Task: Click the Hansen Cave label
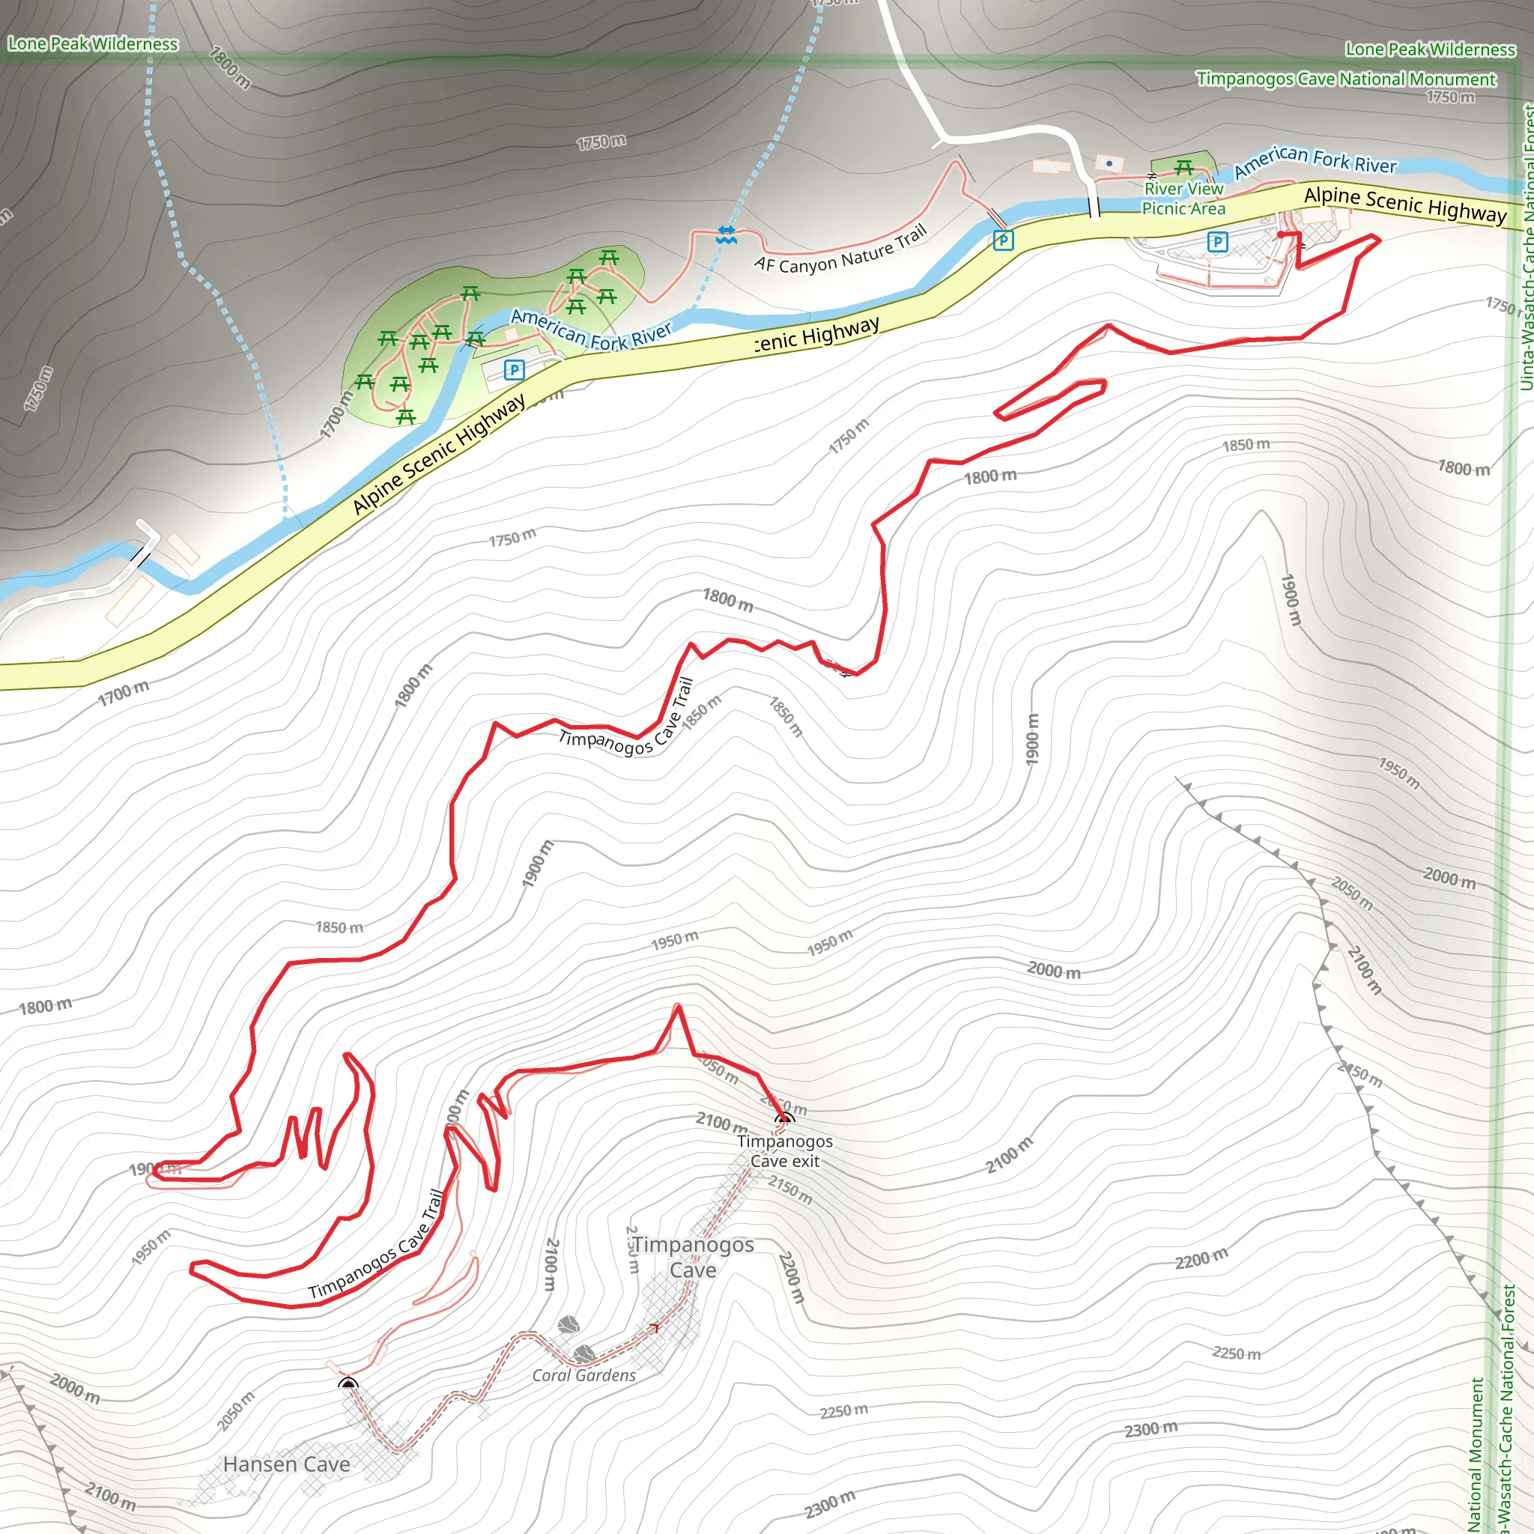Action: [x=286, y=1464]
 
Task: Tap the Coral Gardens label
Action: [x=583, y=1376]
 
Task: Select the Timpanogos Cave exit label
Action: [x=784, y=1151]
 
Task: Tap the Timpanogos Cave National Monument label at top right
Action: [x=1346, y=79]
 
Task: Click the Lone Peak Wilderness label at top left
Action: [x=93, y=44]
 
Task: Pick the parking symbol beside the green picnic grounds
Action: [x=515, y=369]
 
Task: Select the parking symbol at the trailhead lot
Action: [x=1217, y=241]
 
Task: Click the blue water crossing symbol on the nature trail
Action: [x=726, y=234]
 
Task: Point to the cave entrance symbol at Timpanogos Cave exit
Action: [x=783, y=1119]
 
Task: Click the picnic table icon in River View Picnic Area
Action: [x=1184, y=168]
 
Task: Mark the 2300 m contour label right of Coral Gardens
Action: [x=1150, y=1429]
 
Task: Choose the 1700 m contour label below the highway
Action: [x=123, y=693]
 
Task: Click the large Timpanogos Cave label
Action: [x=693, y=1257]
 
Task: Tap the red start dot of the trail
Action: [x=1281, y=234]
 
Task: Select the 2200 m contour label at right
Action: [x=1201, y=1258]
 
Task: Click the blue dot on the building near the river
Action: [x=1109, y=163]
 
